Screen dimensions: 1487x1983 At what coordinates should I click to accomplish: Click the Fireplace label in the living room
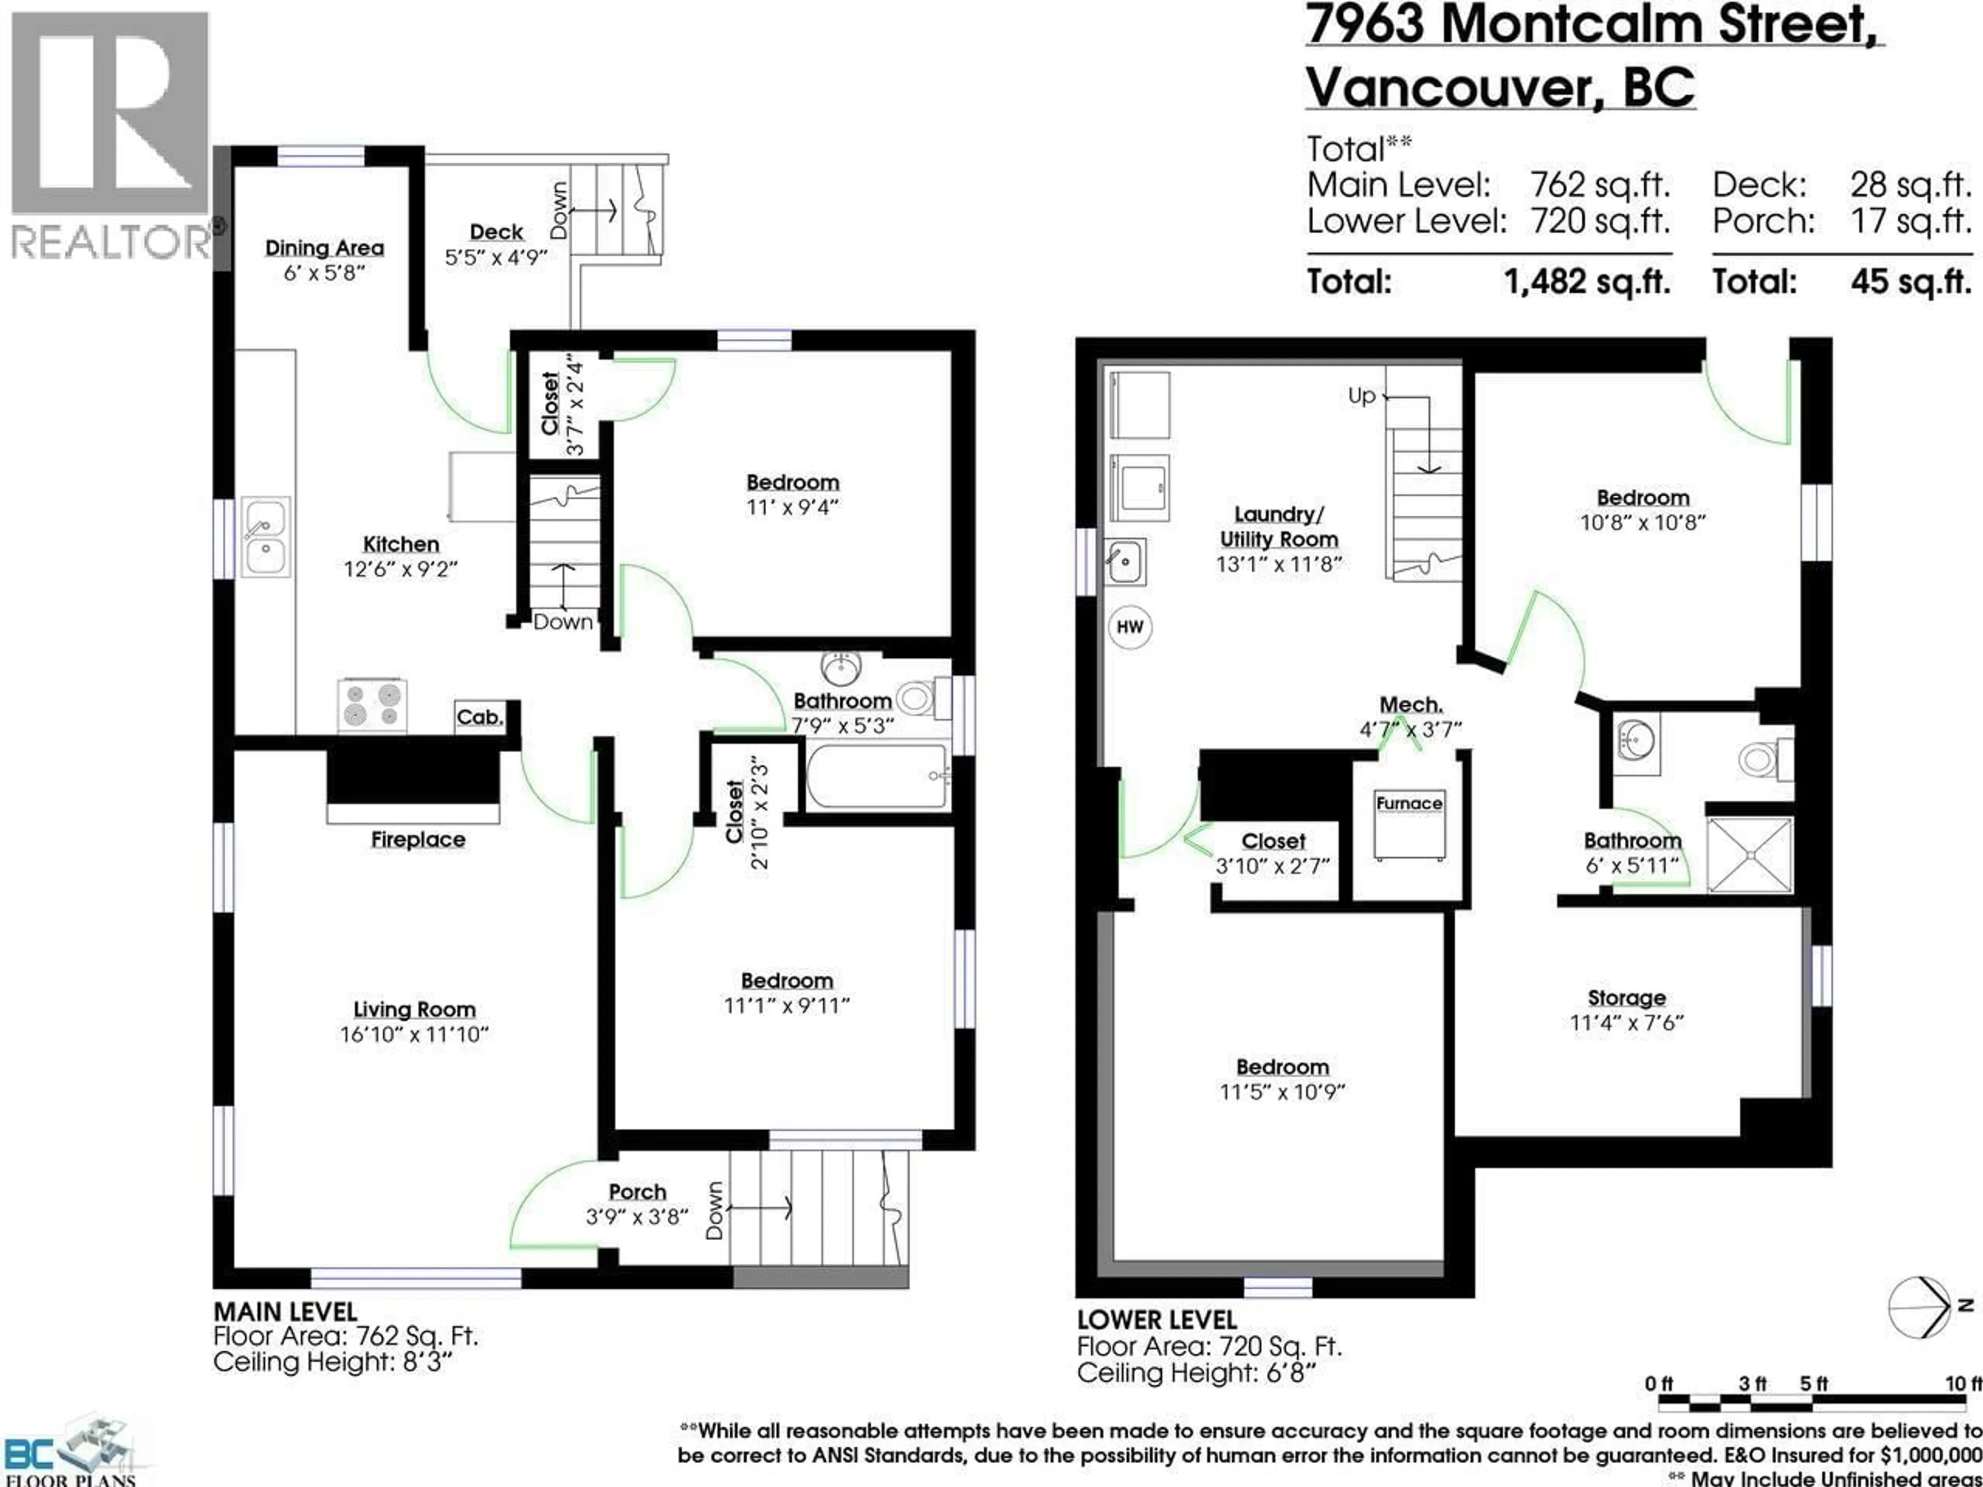coord(418,840)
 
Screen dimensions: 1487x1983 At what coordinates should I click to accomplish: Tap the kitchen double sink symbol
coord(265,537)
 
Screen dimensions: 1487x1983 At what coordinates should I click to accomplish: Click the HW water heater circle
coord(1129,626)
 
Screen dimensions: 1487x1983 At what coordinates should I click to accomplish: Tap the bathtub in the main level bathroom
coord(877,776)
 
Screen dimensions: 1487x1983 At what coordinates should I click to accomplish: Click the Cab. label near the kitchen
coord(480,717)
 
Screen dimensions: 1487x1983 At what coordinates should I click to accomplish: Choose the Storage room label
coord(1626,998)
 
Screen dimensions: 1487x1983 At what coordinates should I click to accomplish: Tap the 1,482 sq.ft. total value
coord(1587,282)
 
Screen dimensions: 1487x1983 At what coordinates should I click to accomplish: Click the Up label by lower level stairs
coord(1361,396)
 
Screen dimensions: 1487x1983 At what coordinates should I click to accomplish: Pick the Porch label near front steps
coord(637,1192)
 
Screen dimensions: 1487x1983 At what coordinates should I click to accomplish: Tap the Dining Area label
coord(324,248)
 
